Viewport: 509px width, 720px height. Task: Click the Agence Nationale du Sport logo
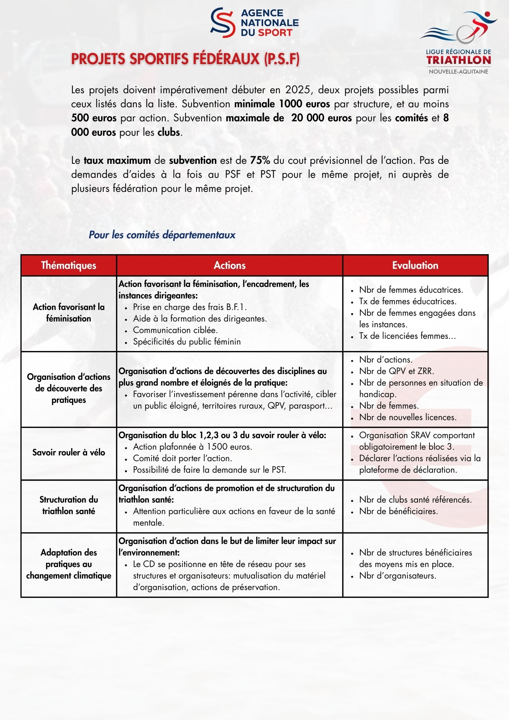254,23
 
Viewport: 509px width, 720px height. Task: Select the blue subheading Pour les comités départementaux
162,235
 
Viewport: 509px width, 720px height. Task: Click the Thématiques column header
68,265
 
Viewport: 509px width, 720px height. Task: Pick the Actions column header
229,265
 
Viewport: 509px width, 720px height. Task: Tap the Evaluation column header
415,265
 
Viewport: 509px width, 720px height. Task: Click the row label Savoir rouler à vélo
68,453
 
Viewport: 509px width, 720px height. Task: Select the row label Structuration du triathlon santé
68,505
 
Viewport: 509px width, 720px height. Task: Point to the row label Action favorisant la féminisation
68,312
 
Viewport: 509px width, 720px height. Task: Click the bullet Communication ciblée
175,330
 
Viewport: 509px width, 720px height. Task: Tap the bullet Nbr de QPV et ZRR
396,371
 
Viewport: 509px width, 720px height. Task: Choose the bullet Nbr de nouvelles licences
407,417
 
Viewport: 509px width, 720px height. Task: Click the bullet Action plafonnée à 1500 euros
192,447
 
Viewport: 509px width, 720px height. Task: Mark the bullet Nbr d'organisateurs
397,576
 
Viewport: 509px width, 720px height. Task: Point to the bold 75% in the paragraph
260,160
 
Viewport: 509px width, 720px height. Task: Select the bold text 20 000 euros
321,118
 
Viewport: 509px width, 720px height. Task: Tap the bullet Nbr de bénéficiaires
398,511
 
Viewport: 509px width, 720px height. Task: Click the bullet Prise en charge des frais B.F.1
190,307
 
